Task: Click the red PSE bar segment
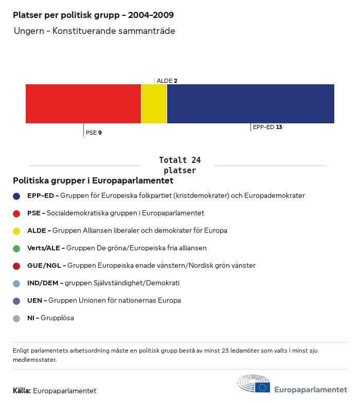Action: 83,104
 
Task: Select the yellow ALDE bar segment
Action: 154,104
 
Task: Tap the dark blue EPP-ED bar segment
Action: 250,104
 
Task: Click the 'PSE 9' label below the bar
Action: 94,133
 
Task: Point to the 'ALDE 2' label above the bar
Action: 167,81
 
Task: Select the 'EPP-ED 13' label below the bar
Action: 267,127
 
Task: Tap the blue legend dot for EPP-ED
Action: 16,196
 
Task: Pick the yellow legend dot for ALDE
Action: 16,231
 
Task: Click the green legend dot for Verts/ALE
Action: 16,248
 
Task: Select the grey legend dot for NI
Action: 16,318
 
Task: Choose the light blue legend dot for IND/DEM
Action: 16,283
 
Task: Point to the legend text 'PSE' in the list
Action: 34,213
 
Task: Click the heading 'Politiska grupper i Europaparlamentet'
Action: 93,181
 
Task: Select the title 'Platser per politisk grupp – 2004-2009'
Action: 93,15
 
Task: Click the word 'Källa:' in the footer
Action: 22,391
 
